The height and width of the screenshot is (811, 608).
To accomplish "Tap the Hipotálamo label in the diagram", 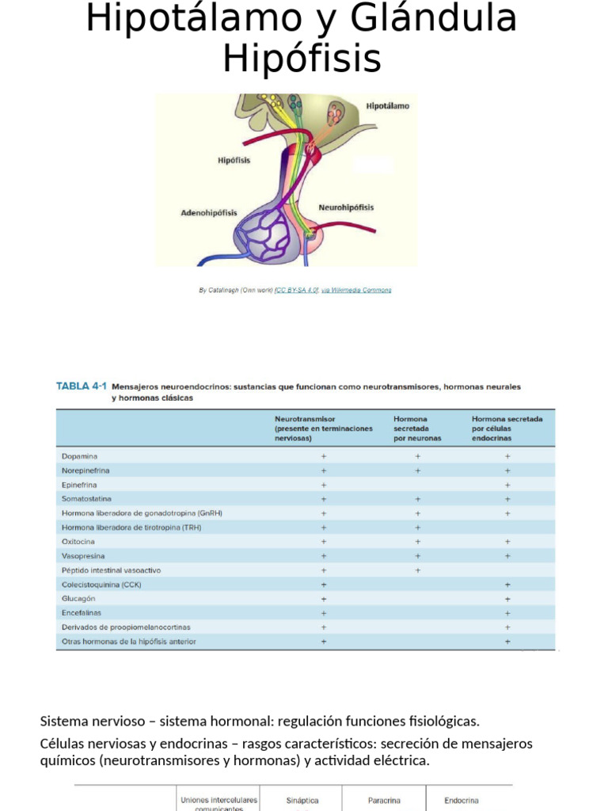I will coord(387,106).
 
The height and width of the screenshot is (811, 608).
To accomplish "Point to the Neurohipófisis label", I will coord(346,208).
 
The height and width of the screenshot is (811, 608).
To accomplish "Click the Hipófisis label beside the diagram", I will coord(234,160).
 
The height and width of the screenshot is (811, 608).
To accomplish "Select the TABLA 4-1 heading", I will coord(81,386).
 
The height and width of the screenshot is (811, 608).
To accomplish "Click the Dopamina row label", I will coord(79,456).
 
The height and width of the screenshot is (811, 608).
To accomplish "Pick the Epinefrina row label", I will coord(80,485).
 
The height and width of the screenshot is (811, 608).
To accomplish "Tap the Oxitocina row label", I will coord(78,542).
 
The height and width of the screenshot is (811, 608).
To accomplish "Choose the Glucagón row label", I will coord(78,599).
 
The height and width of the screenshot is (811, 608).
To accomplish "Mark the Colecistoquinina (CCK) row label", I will coord(101,584).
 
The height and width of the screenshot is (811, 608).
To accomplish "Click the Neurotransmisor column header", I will coord(305,419).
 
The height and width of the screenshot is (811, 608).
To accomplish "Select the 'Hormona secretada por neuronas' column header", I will coord(417,428).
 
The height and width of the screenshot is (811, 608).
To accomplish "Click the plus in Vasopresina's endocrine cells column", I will coord(507,556).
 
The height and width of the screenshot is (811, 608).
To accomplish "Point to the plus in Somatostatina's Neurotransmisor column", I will coord(324,499).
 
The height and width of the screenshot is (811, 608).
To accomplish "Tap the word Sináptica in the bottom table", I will coord(302,801).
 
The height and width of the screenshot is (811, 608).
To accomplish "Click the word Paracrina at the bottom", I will coord(384,801).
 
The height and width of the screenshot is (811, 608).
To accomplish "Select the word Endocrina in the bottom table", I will coord(461,801).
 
